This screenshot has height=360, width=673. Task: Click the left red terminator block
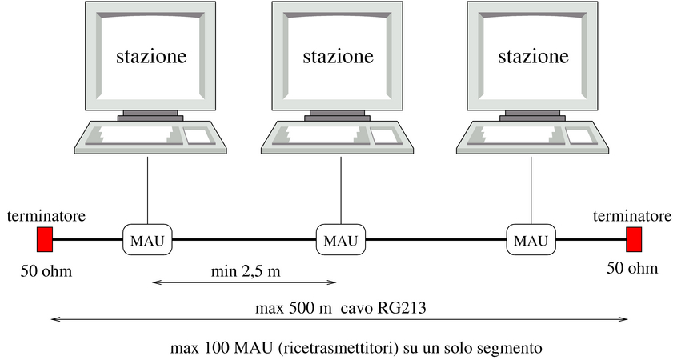click(x=45, y=239)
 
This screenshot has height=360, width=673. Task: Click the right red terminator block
click(x=634, y=239)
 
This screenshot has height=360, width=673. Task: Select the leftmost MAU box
click(x=147, y=239)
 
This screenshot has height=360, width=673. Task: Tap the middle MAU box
click(x=341, y=239)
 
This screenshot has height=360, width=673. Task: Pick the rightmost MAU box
click(x=531, y=239)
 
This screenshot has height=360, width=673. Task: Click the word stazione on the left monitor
click(x=152, y=57)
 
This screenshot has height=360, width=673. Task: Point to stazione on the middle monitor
click(x=338, y=57)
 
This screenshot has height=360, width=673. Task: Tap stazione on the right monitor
click(x=533, y=57)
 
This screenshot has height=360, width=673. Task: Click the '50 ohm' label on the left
click(x=46, y=270)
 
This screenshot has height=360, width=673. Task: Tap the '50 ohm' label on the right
click(x=632, y=268)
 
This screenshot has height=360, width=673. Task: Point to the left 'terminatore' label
click(x=46, y=216)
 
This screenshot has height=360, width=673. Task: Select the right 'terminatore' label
click(x=632, y=216)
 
